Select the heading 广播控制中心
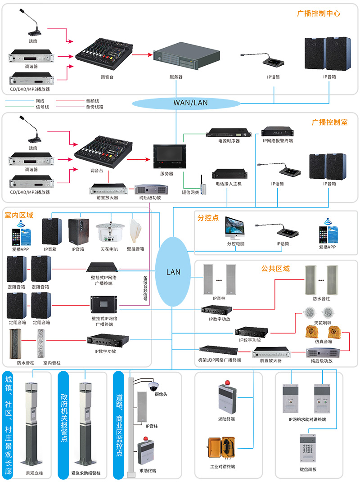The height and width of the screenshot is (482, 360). (x=319, y=14)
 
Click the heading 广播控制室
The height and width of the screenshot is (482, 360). (x=329, y=122)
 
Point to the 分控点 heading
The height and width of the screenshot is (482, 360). (x=208, y=218)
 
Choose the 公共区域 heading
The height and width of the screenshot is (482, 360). (x=275, y=269)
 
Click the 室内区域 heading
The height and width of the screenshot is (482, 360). (x=19, y=216)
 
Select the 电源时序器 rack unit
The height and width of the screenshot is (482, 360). (x=229, y=133)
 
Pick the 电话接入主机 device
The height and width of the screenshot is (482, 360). (x=230, y=174)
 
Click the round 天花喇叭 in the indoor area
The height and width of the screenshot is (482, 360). (x=107, y=231)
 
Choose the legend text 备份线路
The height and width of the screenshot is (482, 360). (x=94, y=107)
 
